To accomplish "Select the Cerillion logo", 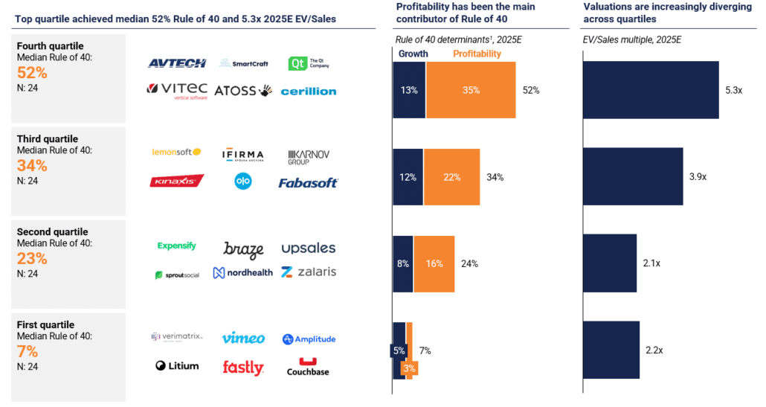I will (x=308, y=92).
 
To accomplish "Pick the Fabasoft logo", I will (x=308, y=182).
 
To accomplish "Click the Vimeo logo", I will (x=242, y=339).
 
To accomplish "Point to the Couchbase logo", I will (x=308, y=367).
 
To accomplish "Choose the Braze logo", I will (x=243, y=249).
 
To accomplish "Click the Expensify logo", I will (x=176, y=246).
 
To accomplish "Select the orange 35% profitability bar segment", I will (x=471, y=90).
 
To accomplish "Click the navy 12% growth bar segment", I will (x=407, y=177).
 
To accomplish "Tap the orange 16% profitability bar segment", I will (x=434, y=263).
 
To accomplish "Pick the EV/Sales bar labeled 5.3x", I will (x=651, y=90).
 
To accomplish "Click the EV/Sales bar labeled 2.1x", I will (x=610, y=263).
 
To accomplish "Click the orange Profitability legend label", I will (x=477, y=54).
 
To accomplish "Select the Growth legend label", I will (x=413, y=54).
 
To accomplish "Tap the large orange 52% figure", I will (x=32, y=72).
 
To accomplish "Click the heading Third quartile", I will (x=47, y=139).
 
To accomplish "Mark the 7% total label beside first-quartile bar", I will (x=425, y=350).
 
